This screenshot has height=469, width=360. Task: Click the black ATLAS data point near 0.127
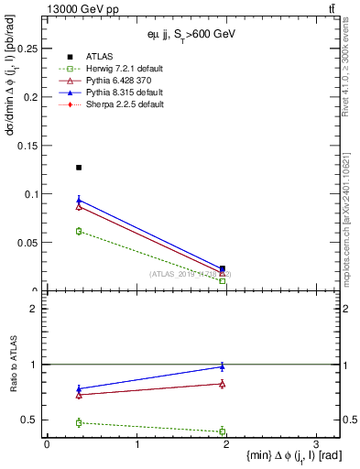coord(79,168)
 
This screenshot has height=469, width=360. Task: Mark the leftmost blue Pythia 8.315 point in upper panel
coord(79,200)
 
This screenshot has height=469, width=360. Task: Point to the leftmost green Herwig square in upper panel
coord(79,231)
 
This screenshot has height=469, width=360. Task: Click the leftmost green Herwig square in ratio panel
coord(79,422)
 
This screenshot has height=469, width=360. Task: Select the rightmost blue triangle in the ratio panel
coord(223,366)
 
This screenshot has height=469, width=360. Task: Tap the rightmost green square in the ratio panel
coord(223,431)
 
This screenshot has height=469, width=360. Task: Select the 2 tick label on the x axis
coord(226,444)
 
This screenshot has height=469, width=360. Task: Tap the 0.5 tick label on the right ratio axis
coord(350,420)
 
